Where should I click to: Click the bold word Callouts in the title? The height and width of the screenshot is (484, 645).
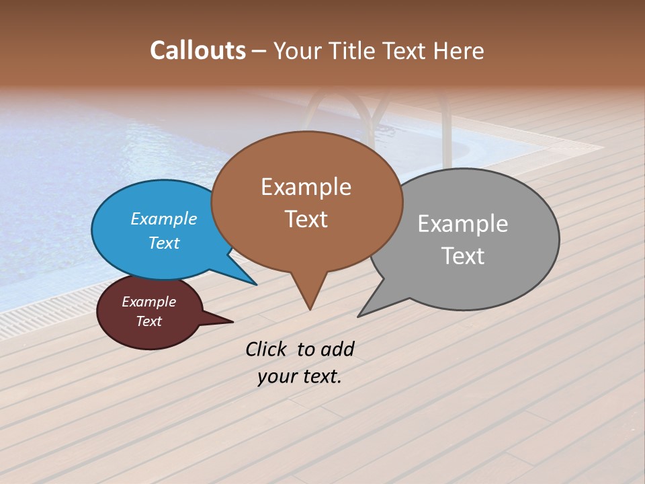click(198, 50)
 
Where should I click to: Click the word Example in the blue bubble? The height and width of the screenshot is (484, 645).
click(164, 218)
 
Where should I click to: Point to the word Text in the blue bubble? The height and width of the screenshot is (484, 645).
click(164, 243)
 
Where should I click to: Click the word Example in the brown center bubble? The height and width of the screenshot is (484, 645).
click(306, 187)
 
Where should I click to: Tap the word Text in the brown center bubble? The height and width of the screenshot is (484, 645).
click(306, 219)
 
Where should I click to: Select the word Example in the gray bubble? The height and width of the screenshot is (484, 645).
click(463, 223)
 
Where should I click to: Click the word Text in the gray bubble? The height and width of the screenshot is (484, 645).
click(463, 255)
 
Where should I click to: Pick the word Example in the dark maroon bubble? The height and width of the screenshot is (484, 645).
click(149, 302)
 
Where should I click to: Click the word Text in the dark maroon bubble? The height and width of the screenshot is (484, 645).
click(149, 321)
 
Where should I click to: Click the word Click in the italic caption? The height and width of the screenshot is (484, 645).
click(266, 349)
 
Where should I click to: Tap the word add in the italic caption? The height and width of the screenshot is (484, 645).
click(337, 349)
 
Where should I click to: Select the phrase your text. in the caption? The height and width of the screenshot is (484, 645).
click(300, 376)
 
